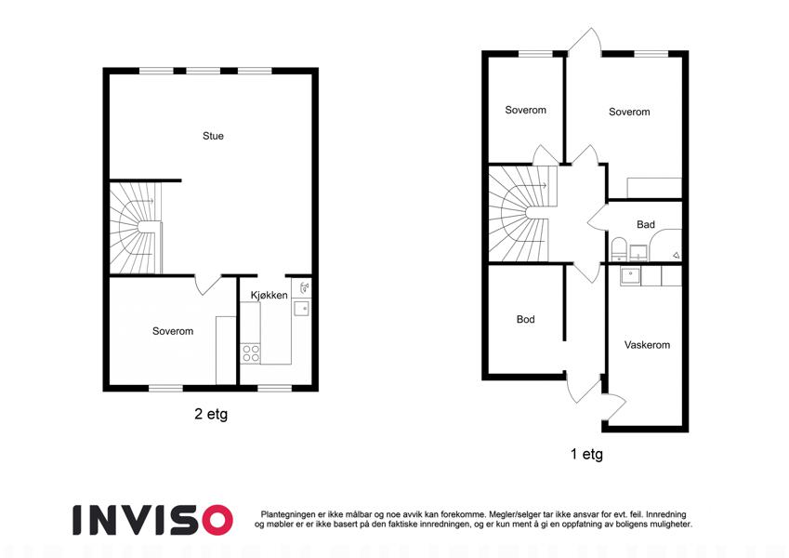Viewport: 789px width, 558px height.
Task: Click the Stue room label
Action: click(x=213, y=136)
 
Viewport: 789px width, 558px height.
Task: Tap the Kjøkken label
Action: click(x=270, y=295)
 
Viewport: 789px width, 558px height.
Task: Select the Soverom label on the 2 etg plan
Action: click(x=173, y=331)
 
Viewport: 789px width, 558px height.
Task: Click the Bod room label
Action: click(x=525, y=319)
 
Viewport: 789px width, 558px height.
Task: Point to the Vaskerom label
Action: click(x=647, y=345)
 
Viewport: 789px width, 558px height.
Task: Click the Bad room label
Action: click(x=646, y=224)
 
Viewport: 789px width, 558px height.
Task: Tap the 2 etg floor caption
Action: click(x=211, y=414)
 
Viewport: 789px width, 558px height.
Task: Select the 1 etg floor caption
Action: click(x=586, y=454)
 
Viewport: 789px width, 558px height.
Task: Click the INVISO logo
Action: click(x=152, y=520)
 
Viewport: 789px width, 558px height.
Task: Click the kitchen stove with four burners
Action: click(x=251, y=352)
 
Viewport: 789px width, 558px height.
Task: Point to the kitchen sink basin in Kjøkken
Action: click(x=301, y=308)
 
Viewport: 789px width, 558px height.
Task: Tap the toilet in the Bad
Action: click(x=618, y=249)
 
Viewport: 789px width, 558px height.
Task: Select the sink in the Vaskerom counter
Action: click(x=630, y=275)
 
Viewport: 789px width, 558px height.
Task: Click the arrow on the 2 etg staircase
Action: click(x=145, y=202)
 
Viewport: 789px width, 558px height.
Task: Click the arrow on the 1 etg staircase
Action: click(x=539, y=186)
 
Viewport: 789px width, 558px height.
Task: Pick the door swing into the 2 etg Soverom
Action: click(x=207, y=285)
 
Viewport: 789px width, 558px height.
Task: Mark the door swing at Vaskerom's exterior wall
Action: click(x=614, y=405)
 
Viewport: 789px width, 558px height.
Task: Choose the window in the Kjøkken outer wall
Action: click(x=275, y=388)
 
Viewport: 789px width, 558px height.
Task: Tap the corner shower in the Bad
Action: click(x=665, y=246)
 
